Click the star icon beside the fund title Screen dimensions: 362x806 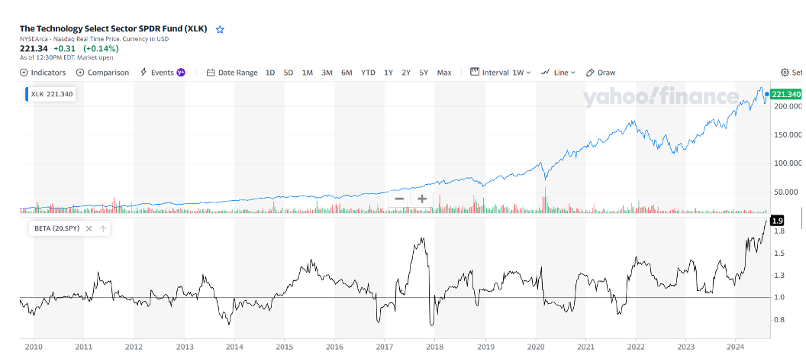point(220,29)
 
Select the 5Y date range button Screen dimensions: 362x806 point(424,73)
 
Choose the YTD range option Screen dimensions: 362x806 point(368,73)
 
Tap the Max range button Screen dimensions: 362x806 point(444,73)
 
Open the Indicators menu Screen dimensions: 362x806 point(43,73)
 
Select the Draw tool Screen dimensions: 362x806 point(601,73)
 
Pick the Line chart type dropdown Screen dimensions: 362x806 point(559,73)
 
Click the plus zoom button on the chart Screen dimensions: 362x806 point(421,199)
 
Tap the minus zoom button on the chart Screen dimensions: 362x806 point(399,199)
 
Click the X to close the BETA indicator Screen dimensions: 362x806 point(89,228)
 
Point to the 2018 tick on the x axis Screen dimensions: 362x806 point(434,347)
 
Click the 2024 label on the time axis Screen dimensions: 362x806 point(736,347)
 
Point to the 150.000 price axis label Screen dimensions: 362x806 point(787,134)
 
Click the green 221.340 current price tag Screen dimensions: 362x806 point(786,94)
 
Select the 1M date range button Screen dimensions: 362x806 point(308,73)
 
